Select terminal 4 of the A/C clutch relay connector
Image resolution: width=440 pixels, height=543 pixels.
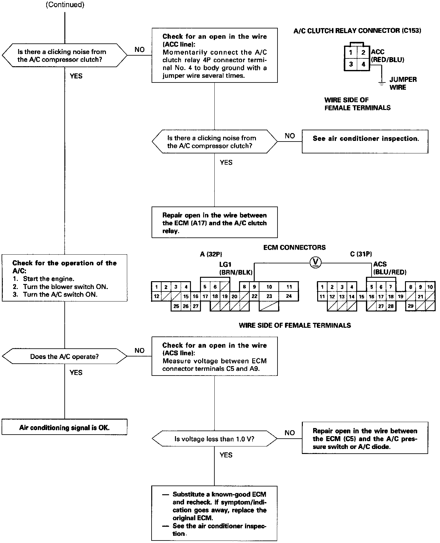click(363, 64)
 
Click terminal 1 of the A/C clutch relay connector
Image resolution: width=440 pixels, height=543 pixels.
click(351, 52)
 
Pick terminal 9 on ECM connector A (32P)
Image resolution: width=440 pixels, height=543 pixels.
click(254, 286)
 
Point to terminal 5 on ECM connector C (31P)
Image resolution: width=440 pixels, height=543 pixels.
click(371, 287)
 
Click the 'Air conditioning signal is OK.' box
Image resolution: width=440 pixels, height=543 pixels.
click(64, 427)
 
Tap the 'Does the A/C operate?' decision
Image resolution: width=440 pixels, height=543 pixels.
click(64, 356)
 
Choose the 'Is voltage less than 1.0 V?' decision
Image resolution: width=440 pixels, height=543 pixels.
click(214, 439)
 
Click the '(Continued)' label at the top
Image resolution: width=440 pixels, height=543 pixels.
click(65, 5)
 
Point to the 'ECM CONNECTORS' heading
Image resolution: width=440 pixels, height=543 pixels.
click(294, 247)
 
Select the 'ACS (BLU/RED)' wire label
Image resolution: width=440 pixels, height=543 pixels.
click(389, 268)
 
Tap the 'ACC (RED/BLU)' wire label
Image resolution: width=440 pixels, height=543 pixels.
click(387, 56)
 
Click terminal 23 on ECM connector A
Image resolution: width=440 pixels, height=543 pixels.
click(269, 296)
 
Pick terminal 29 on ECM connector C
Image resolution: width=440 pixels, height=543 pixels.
click(411, 306)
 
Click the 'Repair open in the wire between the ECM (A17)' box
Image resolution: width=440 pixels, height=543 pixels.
click(214, 222)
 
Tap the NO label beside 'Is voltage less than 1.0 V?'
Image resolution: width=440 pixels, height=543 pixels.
click(290, 433)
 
